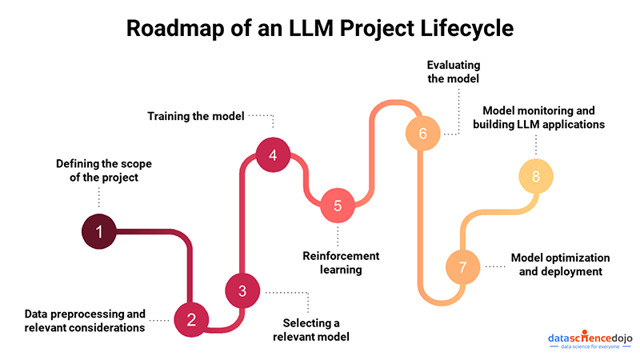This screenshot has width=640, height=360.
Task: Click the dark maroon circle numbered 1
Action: [x=98, y=231]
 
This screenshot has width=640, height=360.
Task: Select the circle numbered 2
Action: [x=191, y=319]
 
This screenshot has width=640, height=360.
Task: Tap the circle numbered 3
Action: [x=242, y=290]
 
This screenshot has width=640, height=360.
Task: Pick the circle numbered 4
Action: [x=273, y=154]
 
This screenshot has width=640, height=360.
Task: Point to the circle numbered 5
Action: [x=338, y=206]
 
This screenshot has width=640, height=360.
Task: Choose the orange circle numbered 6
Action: [x=423, y=133]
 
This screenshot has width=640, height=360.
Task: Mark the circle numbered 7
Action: [x=462, y=267]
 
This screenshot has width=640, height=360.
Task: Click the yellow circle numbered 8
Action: [x=536, y=176]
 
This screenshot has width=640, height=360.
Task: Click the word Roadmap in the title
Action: [x=175, y=28]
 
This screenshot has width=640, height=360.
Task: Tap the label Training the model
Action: [x=196, y=116]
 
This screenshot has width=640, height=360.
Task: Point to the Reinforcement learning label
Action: [x=341, y=262]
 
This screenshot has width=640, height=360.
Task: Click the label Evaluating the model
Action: [x=454, y=71]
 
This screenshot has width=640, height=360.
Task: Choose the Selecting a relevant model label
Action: [x=311, y=330]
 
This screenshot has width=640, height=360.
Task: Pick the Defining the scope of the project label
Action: [x=104, y=170]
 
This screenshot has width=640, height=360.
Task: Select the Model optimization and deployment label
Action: [x=561, y=265]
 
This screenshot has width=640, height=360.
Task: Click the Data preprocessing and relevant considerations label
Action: [x=85, y=321]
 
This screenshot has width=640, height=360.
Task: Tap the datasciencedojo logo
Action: [x=590, y=339]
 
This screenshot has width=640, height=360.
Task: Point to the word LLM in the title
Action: [x=311, y=28]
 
